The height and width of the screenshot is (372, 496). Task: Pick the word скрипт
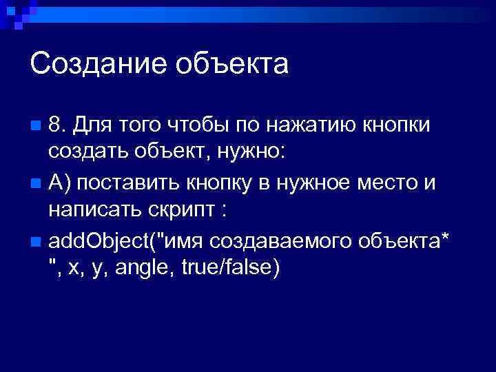pyautogui.click(x=181, y=208)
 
